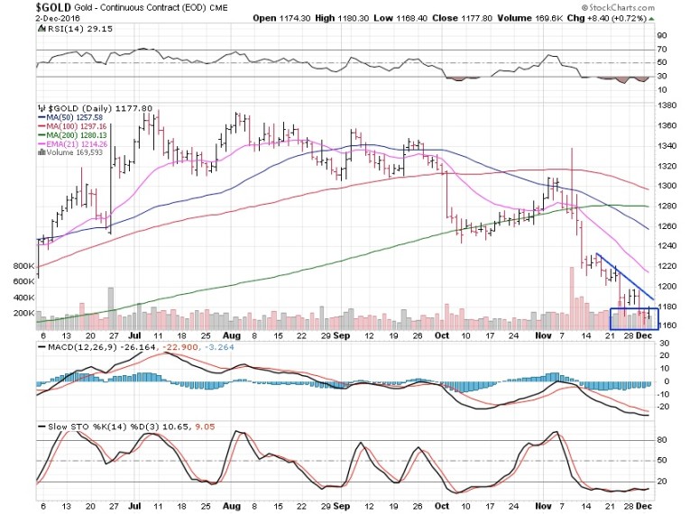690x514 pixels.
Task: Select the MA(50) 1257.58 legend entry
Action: (x=70, y=116)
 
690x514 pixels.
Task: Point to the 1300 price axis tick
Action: (x=668, y=186)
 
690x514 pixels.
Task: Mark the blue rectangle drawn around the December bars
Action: (x=635, y=319)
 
